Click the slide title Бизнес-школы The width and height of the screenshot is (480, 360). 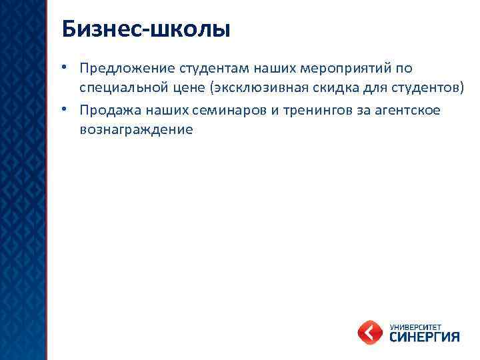[x=145, y=29]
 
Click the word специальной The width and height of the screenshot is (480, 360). [x=121, y=88]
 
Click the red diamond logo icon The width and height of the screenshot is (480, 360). [x=371, y=331]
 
